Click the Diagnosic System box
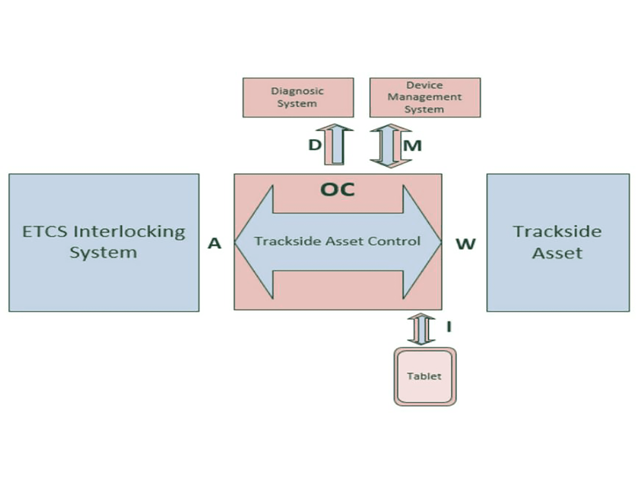[298, 98]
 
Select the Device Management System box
[425, 98]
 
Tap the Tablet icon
[425, 377]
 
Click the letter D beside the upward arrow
[315, 145]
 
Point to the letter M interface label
[412, 146]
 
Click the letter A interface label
[214, 244]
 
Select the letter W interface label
[466, 244]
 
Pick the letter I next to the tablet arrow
[449, 327]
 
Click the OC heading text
[338, 189]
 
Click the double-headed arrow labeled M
[390, 146]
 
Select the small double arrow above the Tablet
[421, 329]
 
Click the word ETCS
[45, 232]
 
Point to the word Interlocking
[129, 232]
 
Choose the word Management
[425, 97]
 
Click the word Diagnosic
[297, 91]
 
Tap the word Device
[425, 85]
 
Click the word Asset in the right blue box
[557, 253]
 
